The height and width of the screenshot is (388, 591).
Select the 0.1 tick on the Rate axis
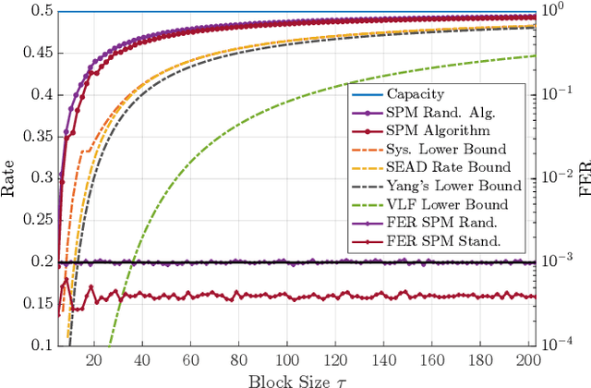[x=44, y=345]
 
